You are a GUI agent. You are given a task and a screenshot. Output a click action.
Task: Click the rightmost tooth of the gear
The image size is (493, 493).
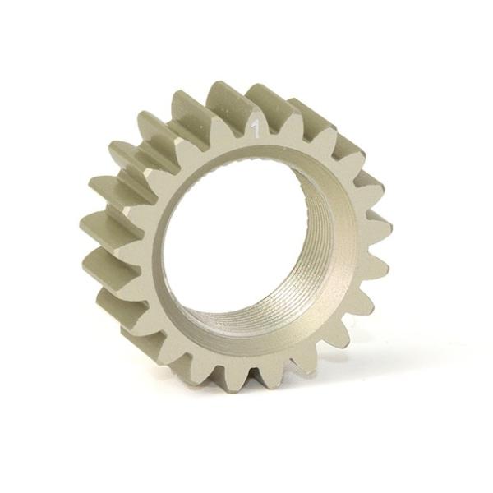pyautogui.click(x=379, y=227)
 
